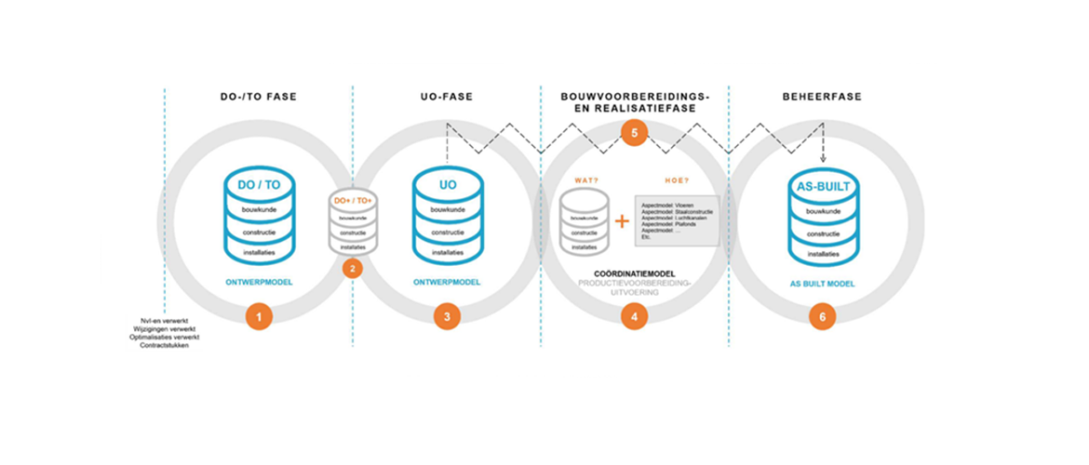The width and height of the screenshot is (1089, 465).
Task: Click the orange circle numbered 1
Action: pyautogui.click(x=259, y=316)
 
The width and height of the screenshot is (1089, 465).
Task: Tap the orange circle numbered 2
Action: pyautogui.click(x=352, y=269)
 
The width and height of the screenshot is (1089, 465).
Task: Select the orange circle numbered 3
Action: pyautogui.click(x=447, y=316)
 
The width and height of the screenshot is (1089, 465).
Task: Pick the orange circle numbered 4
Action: pyautogui.click(x=634, y=316)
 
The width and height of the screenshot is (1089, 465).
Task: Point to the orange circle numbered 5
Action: pyautogui.click(x=634, y=133)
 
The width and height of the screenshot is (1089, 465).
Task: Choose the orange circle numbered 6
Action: pyautogui.click(x=822, y=316)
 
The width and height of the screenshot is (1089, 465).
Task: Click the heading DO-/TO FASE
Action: pyautogui.click(x=258, y=96)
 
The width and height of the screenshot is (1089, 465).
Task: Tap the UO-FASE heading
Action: pyautogui.click(x=448, y=96)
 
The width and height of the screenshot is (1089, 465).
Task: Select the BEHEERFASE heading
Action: pyautogui.click(x=821, y=96)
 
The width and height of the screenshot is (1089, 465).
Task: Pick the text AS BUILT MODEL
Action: pyautogui.click(x=823, y=282)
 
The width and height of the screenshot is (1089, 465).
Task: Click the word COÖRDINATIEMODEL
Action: pyautogui.click(x=634, y=272)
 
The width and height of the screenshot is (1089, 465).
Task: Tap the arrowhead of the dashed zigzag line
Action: pyautogui.click(x=824, y=161)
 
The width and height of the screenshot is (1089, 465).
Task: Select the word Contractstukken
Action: pyautogui.click(x=164, y=346)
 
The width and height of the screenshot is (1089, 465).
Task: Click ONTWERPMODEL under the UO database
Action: pyautogui.click(x=448, y=282)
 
